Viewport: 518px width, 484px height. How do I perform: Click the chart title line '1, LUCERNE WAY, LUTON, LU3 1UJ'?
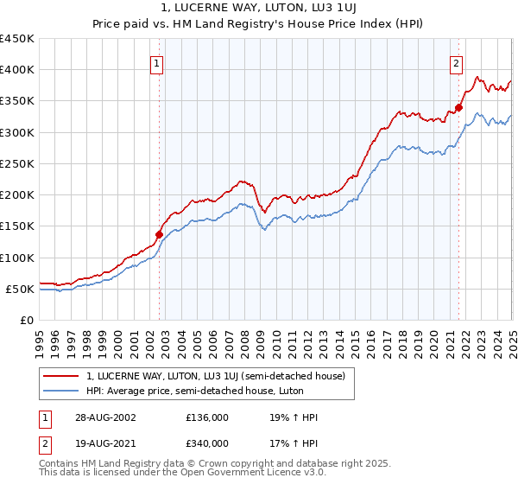259,10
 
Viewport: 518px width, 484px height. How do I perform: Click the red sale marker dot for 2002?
160,234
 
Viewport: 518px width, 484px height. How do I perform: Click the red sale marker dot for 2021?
458,107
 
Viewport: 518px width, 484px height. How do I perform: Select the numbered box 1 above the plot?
156,62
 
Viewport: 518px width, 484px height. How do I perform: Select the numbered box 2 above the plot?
455,62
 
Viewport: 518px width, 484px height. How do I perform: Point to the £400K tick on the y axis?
17,70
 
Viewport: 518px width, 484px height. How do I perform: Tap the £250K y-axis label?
17,163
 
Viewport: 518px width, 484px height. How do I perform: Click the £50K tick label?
21,289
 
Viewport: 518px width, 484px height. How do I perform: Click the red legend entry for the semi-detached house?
215,376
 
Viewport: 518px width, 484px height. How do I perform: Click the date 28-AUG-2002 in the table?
103,417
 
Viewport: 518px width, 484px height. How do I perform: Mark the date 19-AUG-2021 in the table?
103,443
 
